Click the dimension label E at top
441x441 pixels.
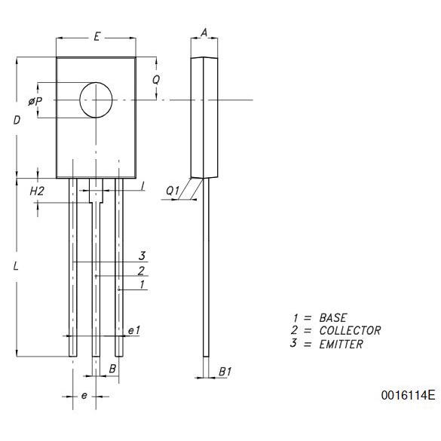(x=96, y=37)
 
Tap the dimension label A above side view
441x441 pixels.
(x=204, y=32)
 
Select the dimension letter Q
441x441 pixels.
(x=156, y=80)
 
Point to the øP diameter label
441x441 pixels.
(x=35, y=101)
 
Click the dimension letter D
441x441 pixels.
(x=17, y=121)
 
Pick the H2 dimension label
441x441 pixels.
(x=37, y=191)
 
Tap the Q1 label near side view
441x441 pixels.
(x=173, y=191)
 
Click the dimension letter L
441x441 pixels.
(x=16, y=266)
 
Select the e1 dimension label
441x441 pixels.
(x=134, y=330)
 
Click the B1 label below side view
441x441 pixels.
(x=225, y=372)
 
